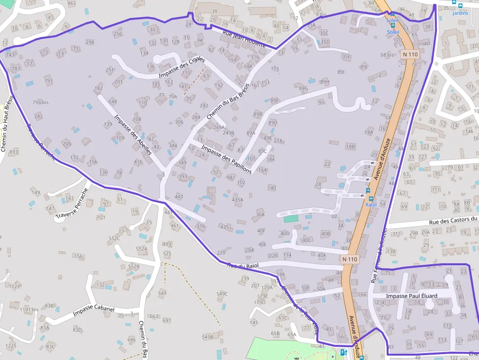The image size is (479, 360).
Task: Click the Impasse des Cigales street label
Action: tap(181, 68)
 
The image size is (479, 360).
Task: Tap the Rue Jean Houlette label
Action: tap(244, 39)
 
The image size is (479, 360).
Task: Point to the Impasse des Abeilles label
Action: tap(133, 135)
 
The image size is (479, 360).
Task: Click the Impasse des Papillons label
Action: tap(226, 159)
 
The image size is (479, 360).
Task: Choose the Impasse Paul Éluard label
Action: tap(411, 296)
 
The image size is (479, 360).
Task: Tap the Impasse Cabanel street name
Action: tap(93, 311)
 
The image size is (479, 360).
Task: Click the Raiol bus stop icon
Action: tap(370, 198)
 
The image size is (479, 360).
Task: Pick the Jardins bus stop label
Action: tap(460, 13)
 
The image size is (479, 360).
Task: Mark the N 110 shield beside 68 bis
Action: tap(411, 55)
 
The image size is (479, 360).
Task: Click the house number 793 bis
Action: tap(41, 103)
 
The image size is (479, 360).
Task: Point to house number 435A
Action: tap(238, 200)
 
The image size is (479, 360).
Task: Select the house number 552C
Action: tap(114, 238)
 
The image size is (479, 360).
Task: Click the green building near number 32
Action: tap(290, 218)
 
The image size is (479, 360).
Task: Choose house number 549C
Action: tap(222, 294)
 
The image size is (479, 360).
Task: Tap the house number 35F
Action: tap(346, 57)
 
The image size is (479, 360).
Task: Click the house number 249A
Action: tap(218, 127)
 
